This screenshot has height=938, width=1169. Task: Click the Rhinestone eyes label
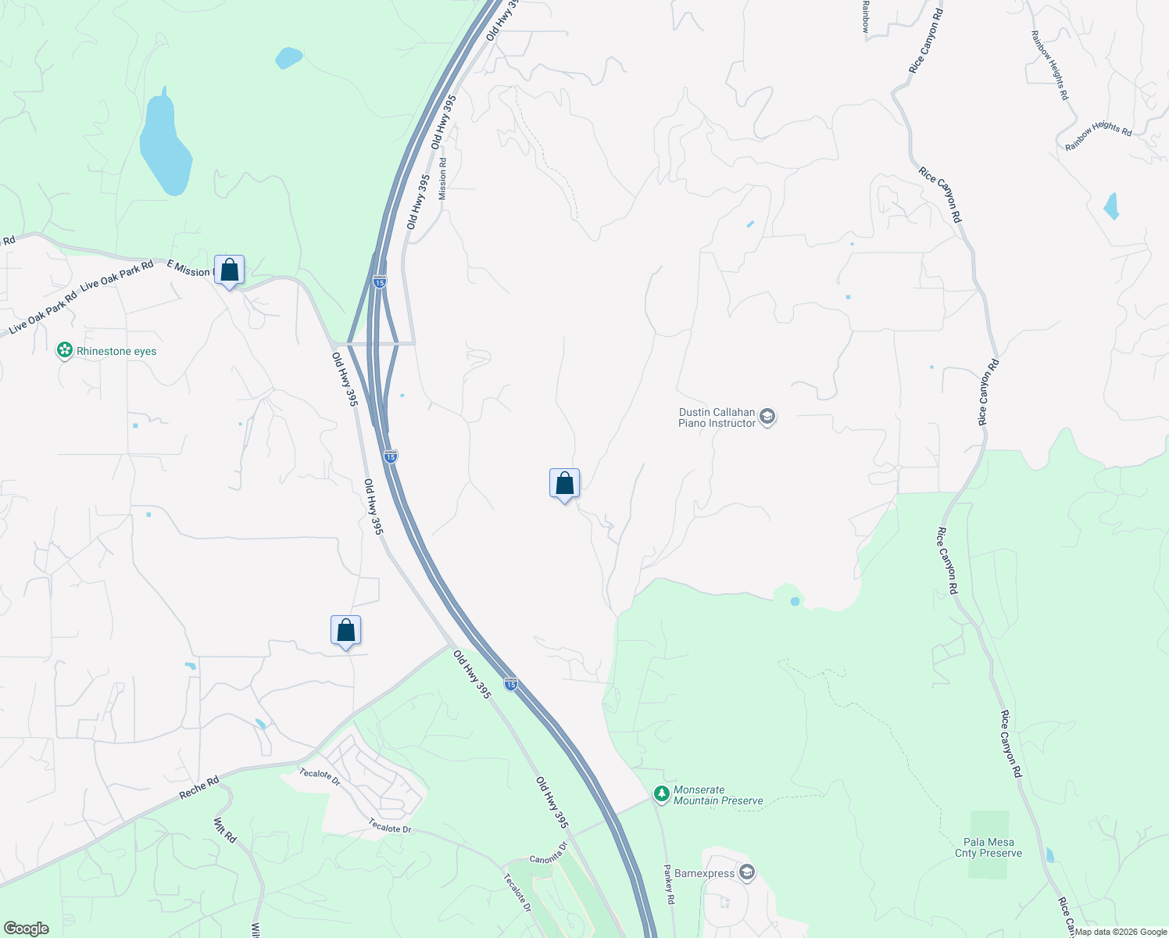(x=116, y=352)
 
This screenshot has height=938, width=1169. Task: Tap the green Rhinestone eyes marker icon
(x=65, y=351)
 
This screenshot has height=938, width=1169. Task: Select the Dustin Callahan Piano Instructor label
(x=717, y=417)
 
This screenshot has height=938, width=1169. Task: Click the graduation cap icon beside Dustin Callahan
(x=767, y=417)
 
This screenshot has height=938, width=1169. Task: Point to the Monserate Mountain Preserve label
(x=718, y=795)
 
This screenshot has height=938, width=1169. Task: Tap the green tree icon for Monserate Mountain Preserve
(x=662, y=794)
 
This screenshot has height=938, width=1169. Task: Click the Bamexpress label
(x=704, y=873)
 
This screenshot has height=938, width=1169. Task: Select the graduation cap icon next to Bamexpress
(x=747, y=872)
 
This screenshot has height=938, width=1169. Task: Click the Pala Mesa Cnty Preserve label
(x=988, y=847)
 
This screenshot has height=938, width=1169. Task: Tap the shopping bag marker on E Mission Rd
(x=229, y=270)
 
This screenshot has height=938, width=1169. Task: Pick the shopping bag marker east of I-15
(x=564, y=485)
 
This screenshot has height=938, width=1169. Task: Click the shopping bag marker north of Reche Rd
(x=345, y=631)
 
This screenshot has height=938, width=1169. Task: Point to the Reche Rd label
(x=198, y=787)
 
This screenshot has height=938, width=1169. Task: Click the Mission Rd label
(x=443, y=179)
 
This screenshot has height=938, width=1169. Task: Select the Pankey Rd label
(x=670, y=884)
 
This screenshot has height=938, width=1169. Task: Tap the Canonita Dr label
(x=549, y=854)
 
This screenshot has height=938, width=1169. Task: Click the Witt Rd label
(x=225, y=830)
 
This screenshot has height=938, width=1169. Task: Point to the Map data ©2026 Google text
(x=1121, y=932)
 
